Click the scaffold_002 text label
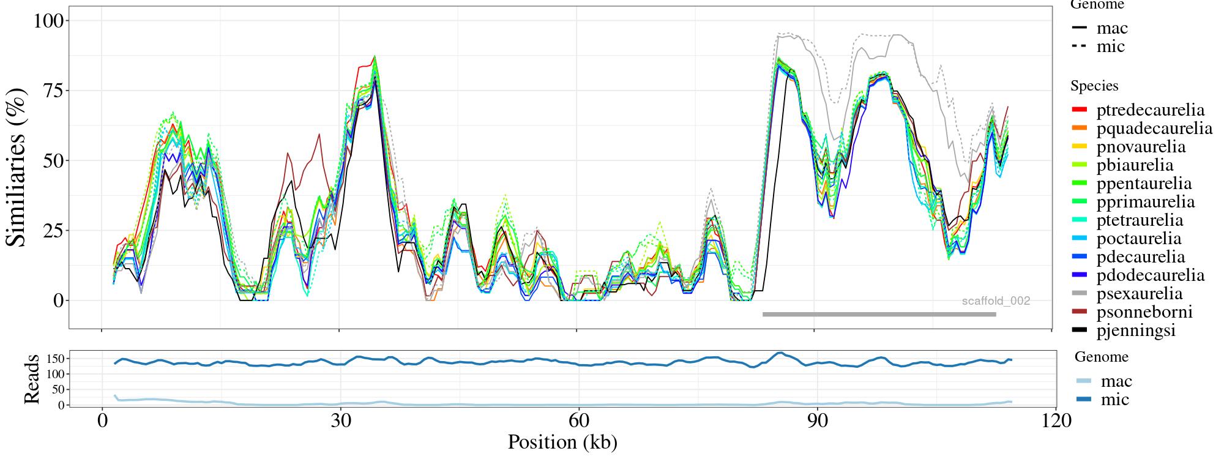click(x=996, y=301)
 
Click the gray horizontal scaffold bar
click(x=879, y=315)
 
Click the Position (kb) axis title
click(x=562, y=442)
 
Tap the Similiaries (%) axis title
click(x=17, y=166)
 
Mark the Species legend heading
click(x=1094, y=86)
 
